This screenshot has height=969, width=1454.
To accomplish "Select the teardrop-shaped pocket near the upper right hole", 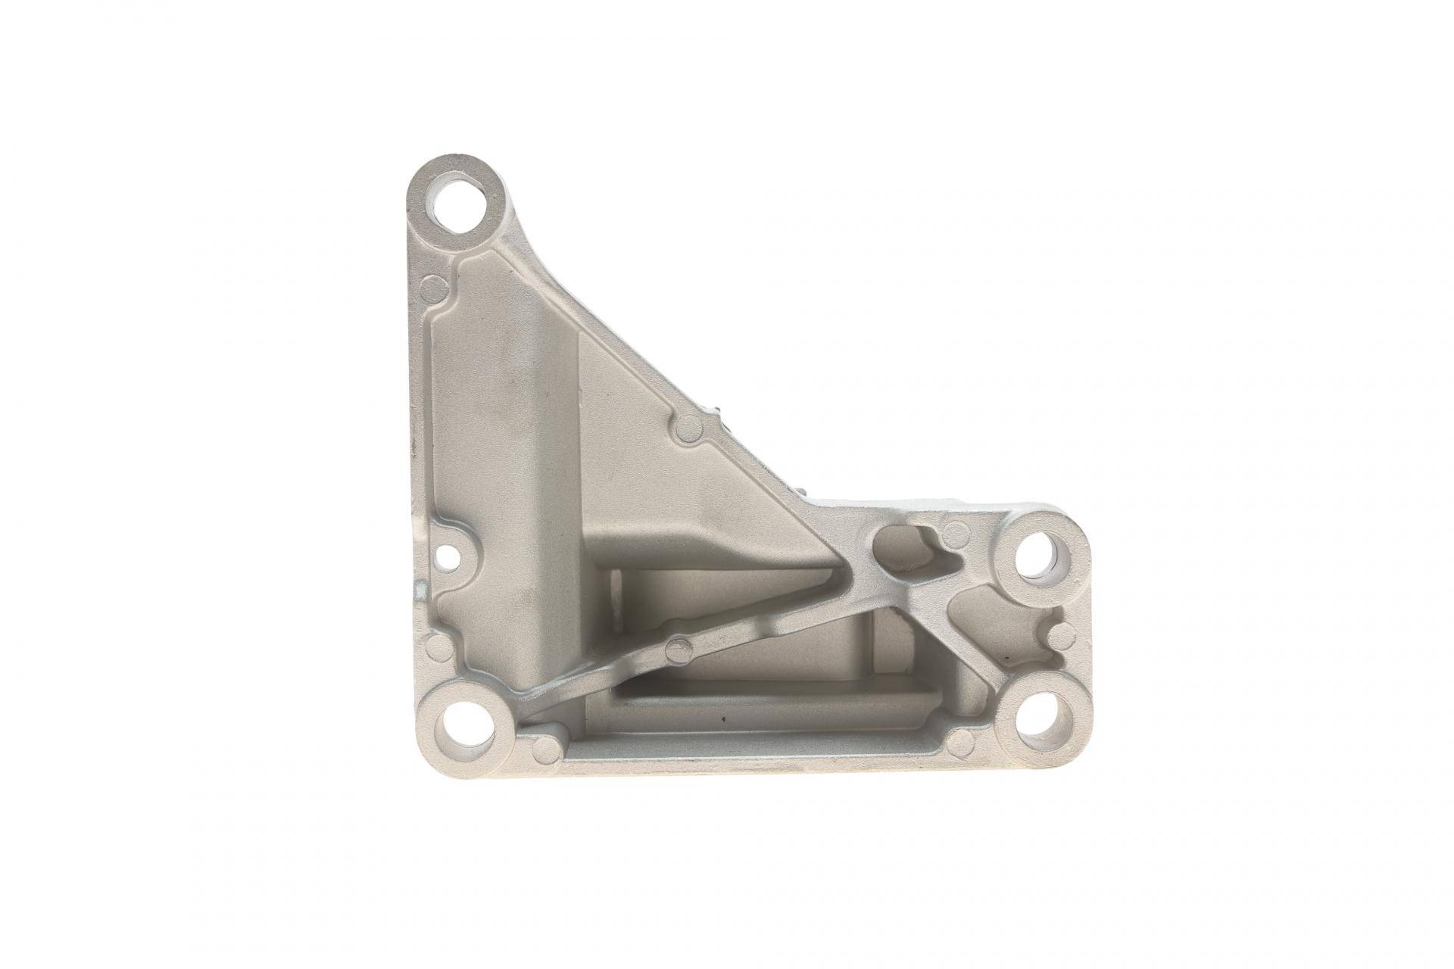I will [905, 550].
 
